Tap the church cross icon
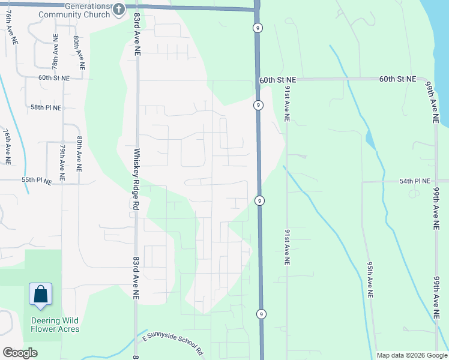[118, 9]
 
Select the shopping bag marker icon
[41, 295]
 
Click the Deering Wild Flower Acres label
[55, 325]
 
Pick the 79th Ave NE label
[62, 157]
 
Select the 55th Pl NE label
[37, 180]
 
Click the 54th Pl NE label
[415, 181]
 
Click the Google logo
[20, 353]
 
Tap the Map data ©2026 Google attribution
[412, 355]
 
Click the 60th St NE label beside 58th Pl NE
[54, 78]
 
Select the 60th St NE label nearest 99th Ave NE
[398, 79]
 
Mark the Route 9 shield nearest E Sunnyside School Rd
[261, 314]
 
